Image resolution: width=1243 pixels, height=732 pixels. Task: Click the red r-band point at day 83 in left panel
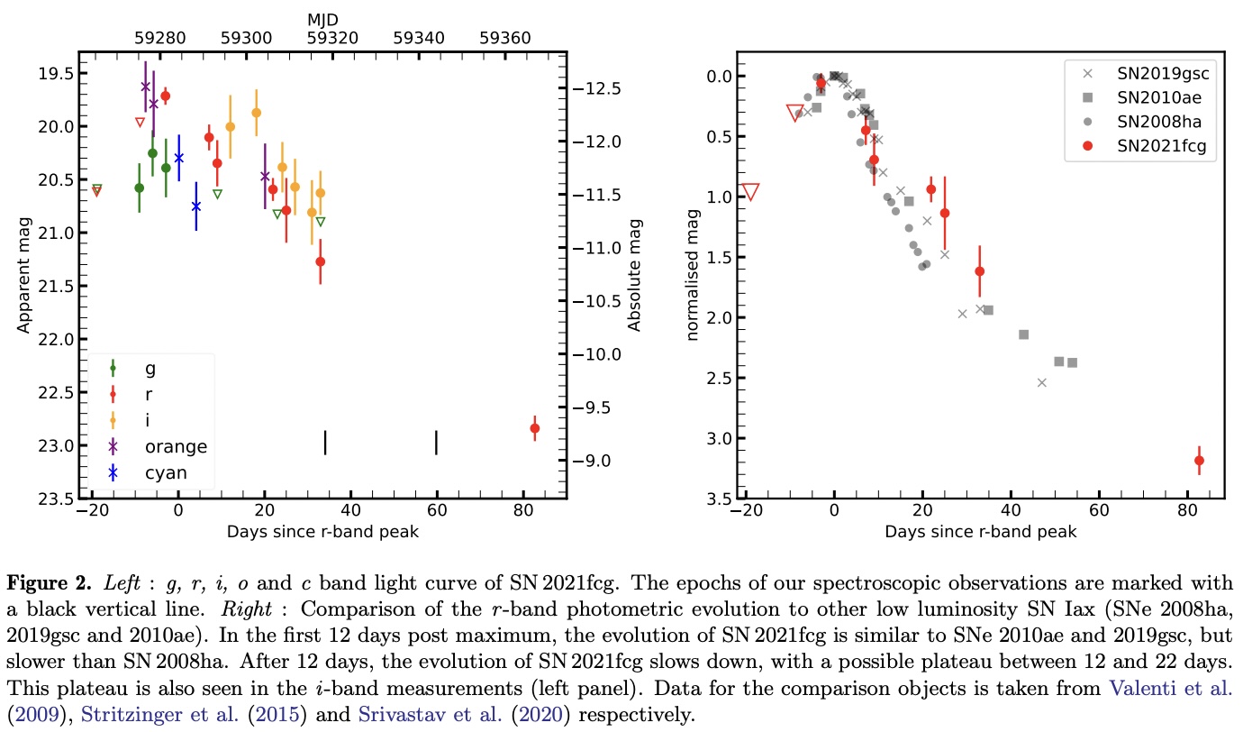pyautogui.click(x=534, y=428)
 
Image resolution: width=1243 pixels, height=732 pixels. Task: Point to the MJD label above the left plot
pyautogui.click(x=323, y=18)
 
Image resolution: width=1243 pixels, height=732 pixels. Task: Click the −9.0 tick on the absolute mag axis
pyautogui.click(x=599, y=461)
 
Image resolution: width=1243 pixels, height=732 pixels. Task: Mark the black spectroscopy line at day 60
pyautogui.click(x=436, y=443)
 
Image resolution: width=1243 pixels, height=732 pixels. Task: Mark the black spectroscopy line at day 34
pyautogui.click(x=324, y=443)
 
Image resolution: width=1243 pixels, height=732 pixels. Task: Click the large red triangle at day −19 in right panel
pyautogui.click(x=750, y=191)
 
